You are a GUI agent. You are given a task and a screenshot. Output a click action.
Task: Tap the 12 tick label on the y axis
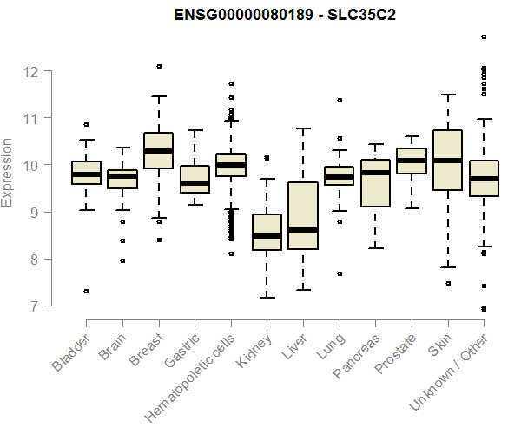coord(32,71)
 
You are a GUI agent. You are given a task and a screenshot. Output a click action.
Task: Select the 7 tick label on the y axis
coord(32,306)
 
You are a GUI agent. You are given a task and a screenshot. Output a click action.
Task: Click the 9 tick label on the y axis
coord(32,212)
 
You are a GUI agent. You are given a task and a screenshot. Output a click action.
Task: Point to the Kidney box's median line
coord(267,235)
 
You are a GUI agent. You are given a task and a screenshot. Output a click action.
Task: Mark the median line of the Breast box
coord(158,151)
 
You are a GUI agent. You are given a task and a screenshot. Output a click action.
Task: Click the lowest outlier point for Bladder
coord(86,291)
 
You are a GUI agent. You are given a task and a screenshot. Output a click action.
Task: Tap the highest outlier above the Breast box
coord(158,67)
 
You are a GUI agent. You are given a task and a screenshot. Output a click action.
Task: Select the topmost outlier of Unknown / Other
coord(484,37)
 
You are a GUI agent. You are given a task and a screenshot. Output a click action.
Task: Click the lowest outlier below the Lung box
coord(339,273)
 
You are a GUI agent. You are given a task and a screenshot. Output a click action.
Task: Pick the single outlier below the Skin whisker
coord(447,283)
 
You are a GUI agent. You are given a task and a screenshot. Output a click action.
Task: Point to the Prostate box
coord(411,161)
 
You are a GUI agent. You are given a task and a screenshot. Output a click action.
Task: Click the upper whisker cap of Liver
coord(303,128)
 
